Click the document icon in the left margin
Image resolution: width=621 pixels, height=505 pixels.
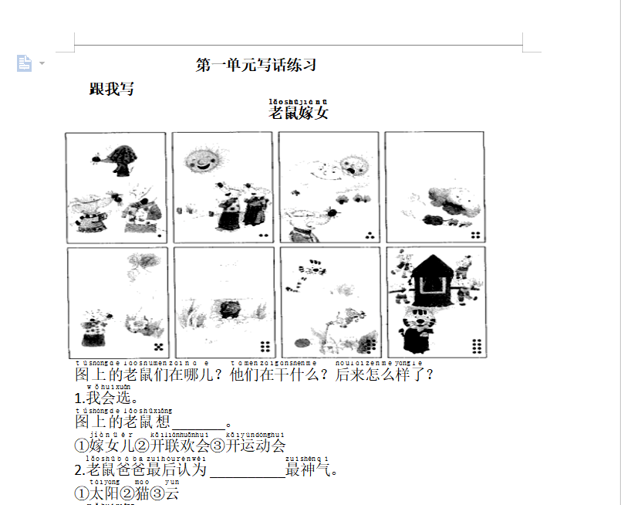pos(25,63)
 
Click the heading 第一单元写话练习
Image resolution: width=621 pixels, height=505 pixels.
pos(256,66)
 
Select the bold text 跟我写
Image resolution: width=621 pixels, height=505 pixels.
pos(112,90)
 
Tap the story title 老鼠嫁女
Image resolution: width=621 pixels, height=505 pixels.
pos(299,113)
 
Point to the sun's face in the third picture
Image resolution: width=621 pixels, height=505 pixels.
pos(353,166)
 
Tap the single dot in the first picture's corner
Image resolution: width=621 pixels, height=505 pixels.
pos(159,234)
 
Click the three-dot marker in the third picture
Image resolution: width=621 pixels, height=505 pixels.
pos(370,235)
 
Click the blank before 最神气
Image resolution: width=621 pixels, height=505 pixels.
pos(247,470)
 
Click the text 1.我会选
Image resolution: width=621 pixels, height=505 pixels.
pos(106,399)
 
